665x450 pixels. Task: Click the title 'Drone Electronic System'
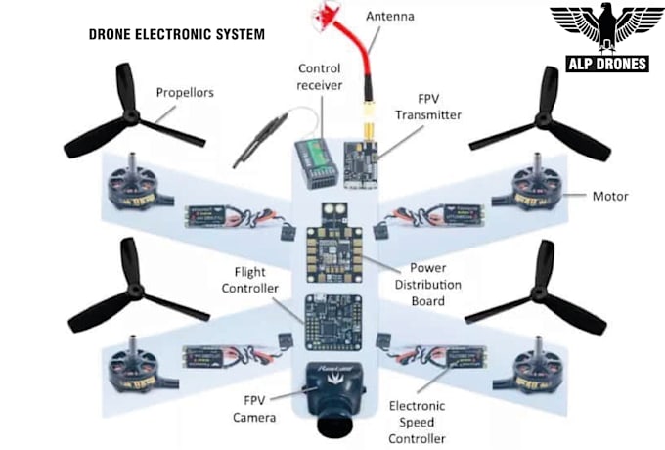tap(176, 34)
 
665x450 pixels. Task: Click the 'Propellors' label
tap(186, 93)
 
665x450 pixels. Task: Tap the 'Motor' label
tap(609, 196)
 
